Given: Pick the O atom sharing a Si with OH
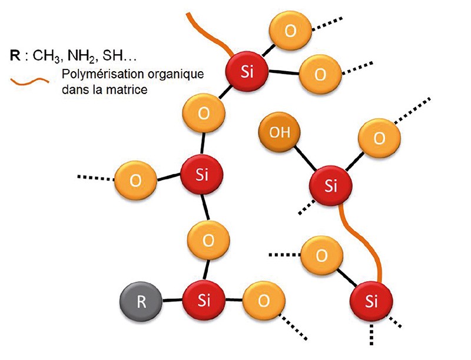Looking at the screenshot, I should [379, 138].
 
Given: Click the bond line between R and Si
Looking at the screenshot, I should [171, 302].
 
